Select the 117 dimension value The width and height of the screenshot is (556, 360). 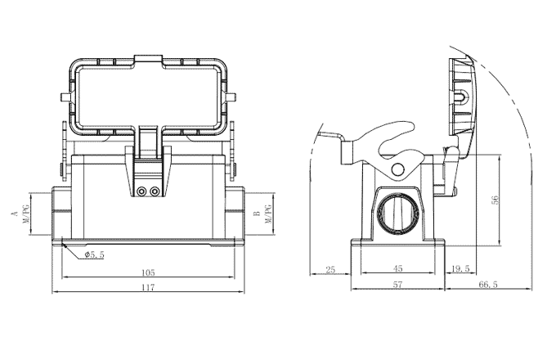pyautogui.click(x=147, y=286)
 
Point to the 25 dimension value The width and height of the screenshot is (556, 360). pyautogui.click(x=330, y=269)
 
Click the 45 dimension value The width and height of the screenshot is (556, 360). pyautogui.click(x=398, y=269)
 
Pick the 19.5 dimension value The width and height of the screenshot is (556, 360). pyautogui.click(x=460, y=269)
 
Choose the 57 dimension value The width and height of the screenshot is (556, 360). pyautogui.click(x=398, y=285)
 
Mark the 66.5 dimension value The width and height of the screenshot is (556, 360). pyautogui.click(x=489, y=285)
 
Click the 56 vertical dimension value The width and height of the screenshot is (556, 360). pyautogui.click(x=495, y=201)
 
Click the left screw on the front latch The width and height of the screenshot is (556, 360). pyautogui.click(x=142, y=191)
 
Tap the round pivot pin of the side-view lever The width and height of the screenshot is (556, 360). pyautogui.click(x=397, y=170)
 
